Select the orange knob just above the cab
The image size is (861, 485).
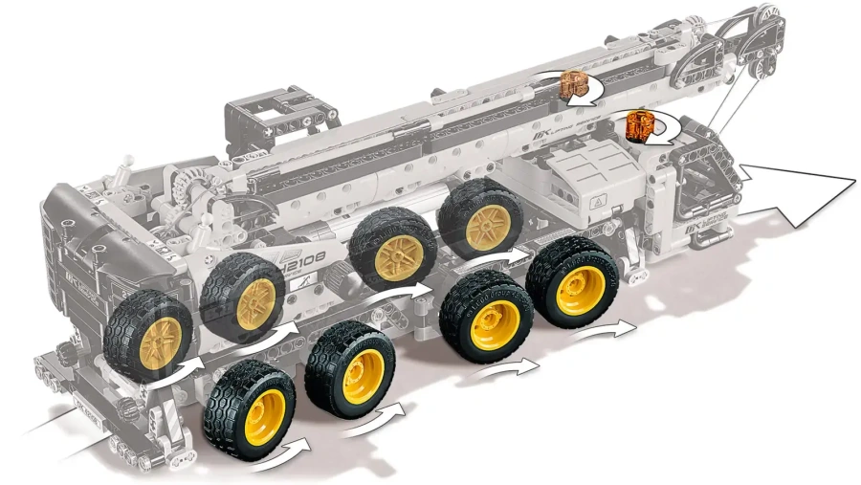point(639,124)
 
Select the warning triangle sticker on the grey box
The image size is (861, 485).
point(599,202)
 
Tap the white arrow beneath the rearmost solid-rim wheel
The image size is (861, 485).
point(287,447)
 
